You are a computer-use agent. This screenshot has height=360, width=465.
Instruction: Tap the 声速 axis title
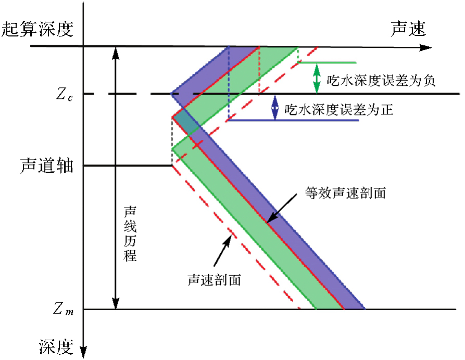(408, 29)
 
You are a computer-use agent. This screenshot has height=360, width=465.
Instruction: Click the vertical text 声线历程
(131, 234)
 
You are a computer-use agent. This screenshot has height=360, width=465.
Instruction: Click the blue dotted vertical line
(229, 83)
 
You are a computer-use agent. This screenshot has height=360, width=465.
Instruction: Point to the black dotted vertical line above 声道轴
(172, 140)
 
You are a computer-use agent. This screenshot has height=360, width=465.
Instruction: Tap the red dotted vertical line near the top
(259, 70)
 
